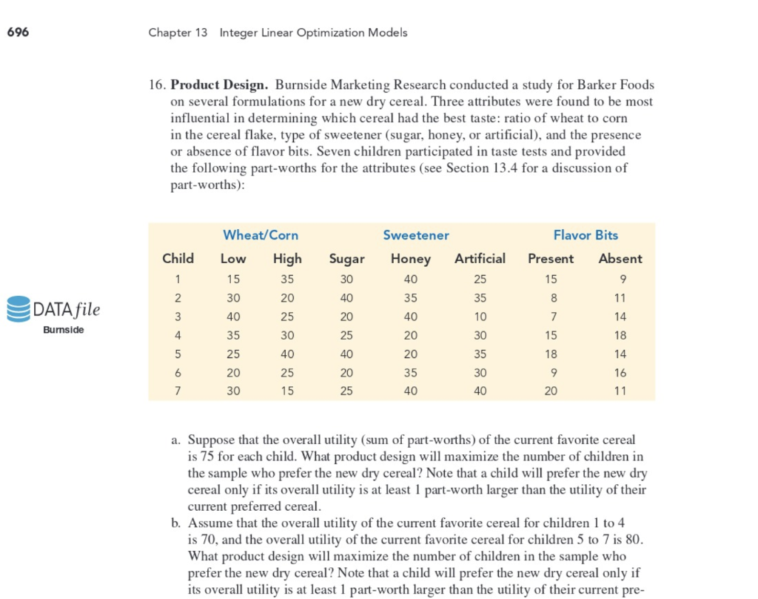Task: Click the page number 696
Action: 18,32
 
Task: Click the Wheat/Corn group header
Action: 261,235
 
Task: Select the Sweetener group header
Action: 416,235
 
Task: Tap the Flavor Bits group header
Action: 586,235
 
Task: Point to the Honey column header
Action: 411,259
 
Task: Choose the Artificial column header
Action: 480,259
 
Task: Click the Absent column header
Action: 620,259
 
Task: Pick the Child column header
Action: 178,259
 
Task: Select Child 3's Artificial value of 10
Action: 480,317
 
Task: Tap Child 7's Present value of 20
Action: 551,391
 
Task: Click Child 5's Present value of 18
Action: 551,354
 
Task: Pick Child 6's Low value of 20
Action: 233,372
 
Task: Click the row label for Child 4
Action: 178,335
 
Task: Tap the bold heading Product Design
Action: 219,85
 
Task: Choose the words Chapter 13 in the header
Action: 178,33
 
